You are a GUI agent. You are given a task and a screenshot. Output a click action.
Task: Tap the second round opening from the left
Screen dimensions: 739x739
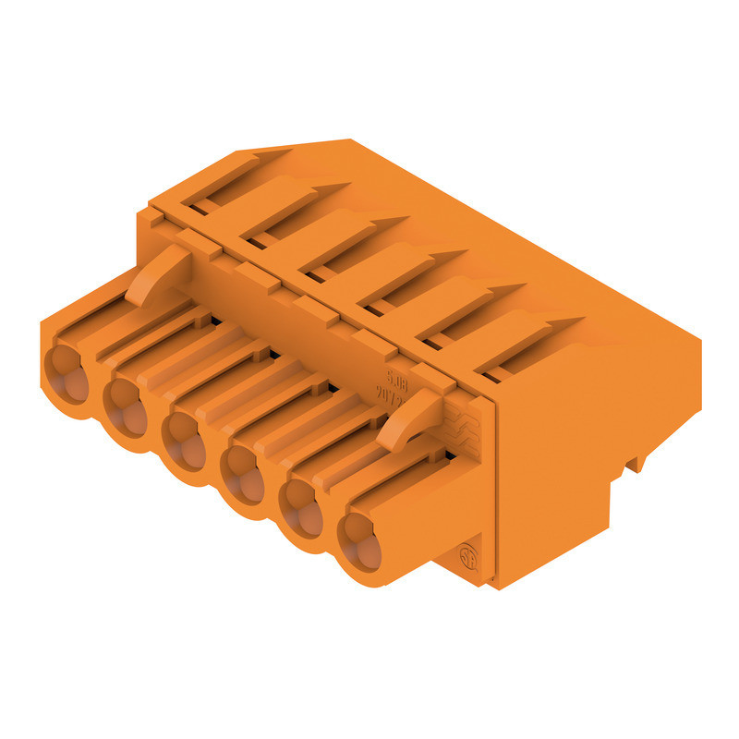tap(125, 398)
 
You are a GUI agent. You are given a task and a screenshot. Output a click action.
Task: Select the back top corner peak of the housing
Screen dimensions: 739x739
tap(349, 141)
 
